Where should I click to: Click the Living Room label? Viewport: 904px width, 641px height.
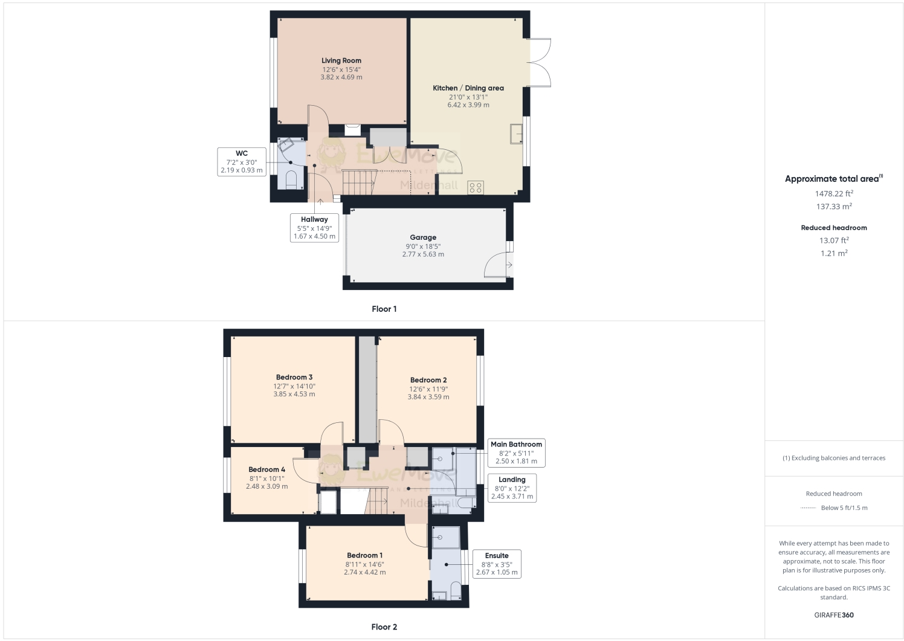341,60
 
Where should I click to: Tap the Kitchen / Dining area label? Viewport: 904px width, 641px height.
468,88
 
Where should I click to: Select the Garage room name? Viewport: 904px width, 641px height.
423,237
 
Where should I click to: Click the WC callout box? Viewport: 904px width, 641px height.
242,162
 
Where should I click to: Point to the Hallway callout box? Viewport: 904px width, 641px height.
314,228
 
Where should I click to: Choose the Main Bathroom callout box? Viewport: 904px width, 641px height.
516,453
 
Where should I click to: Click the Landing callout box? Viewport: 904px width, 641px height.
512,488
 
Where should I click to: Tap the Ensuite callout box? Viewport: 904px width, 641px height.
497,564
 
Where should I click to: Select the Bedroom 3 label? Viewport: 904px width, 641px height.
294,378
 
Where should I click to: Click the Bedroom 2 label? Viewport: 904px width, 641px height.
428,380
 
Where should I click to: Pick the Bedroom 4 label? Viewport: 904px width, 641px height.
266,469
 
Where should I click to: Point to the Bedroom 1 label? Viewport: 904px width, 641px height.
364,555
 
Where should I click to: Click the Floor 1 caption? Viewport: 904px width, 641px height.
384,309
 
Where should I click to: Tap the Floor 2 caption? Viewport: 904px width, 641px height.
384,627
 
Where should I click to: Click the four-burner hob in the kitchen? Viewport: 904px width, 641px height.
476,187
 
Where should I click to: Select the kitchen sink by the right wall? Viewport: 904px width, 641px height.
516,134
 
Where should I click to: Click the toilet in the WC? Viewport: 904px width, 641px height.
291,179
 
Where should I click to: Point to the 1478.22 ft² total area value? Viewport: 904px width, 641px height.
834,193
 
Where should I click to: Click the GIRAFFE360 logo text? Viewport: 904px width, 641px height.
834,615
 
